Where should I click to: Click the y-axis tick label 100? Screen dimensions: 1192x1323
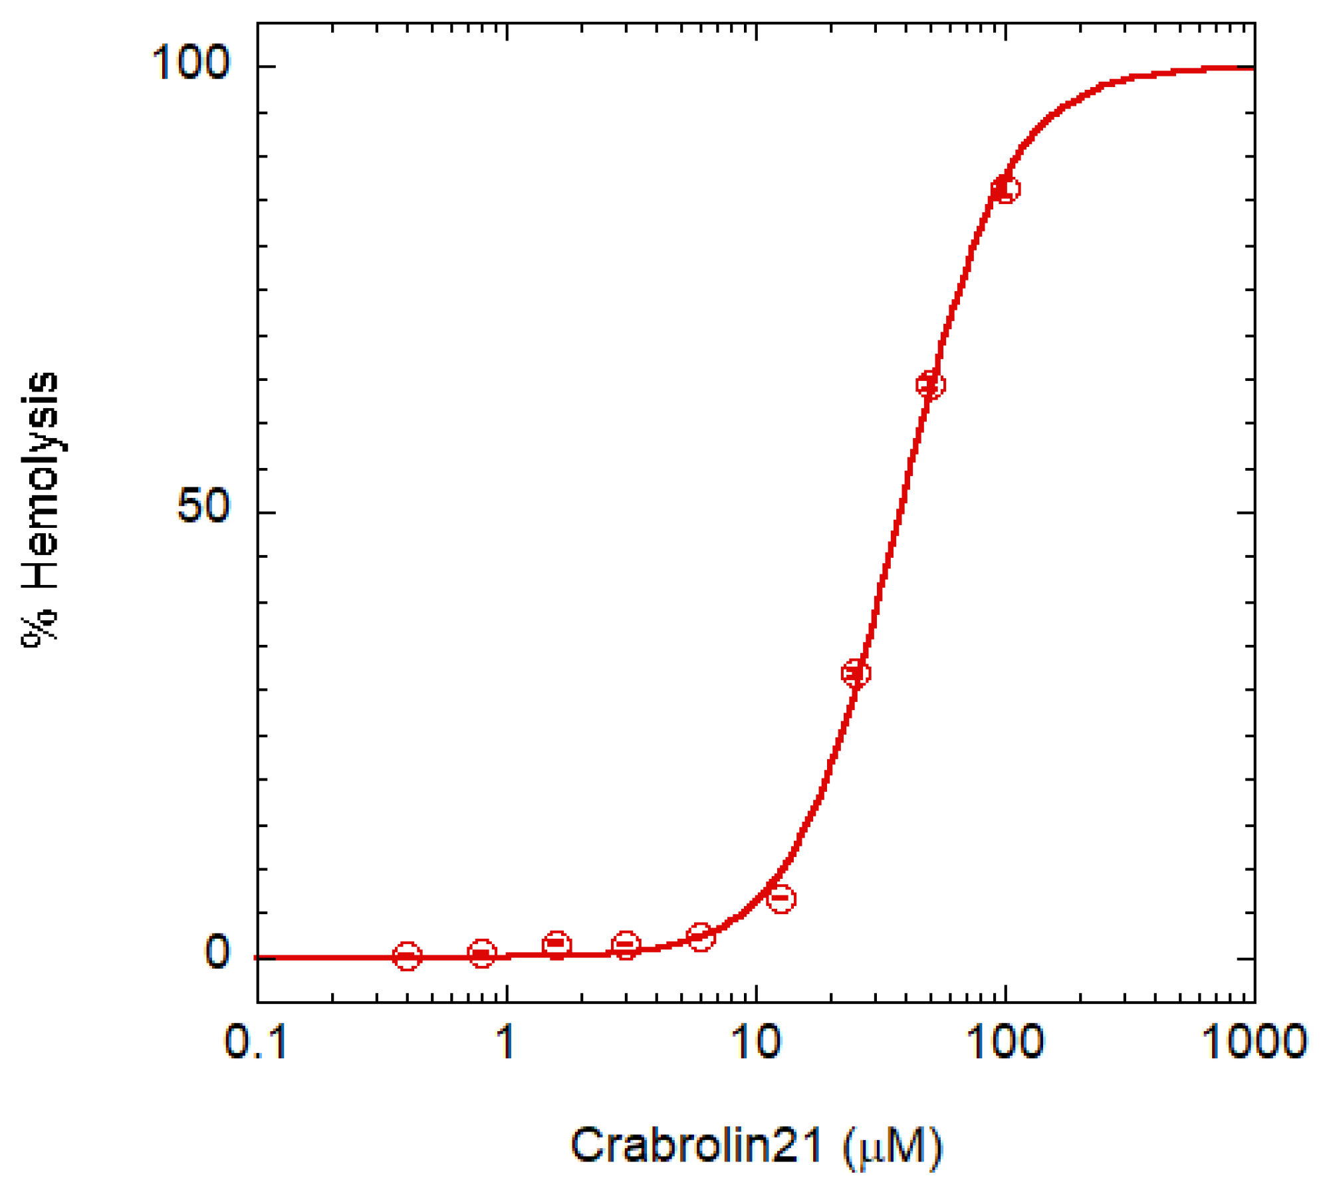[x=190, y=63]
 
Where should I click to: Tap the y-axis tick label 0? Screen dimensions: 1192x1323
[x=217, y=951]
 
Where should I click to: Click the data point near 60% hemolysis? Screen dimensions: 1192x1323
[x=930, y=385]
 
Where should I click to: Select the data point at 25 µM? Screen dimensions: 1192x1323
[x=856, y=673]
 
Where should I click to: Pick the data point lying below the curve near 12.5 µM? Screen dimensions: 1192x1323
[x=781, y=899]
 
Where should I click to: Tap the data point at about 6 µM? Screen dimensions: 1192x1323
[x=700, y=937]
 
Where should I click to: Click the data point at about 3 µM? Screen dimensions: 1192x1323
[x=626, y=945]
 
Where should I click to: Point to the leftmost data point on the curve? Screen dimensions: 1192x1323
[x=407, y=957]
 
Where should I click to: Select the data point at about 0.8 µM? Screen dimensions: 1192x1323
[x=482, y=954]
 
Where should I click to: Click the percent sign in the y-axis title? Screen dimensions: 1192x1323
[x=40, y=628]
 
